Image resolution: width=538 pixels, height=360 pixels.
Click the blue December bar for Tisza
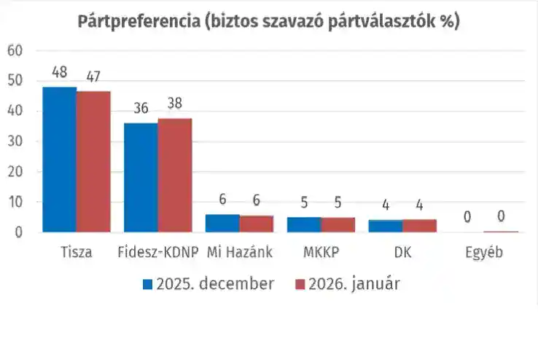[59, 160]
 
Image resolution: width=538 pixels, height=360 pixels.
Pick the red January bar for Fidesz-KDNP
[175, 175]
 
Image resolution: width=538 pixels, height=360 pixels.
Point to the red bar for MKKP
[338, 225]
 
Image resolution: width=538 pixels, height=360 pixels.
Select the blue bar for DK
[386, 227]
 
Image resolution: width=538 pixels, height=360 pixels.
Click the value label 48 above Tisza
[60, 74]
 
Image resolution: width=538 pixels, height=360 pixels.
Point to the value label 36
[141, 109]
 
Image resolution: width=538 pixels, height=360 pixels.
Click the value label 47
[93, 75]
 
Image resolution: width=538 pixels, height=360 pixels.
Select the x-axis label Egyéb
[485, 253]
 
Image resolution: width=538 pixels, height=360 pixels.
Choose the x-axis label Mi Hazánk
[240, 253]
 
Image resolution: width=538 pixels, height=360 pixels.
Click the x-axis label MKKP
[321, 253]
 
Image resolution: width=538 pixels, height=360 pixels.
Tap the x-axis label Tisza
[77, 253]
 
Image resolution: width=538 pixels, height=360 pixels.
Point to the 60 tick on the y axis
[15, 50]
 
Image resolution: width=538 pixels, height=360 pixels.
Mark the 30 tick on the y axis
[15, 141]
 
